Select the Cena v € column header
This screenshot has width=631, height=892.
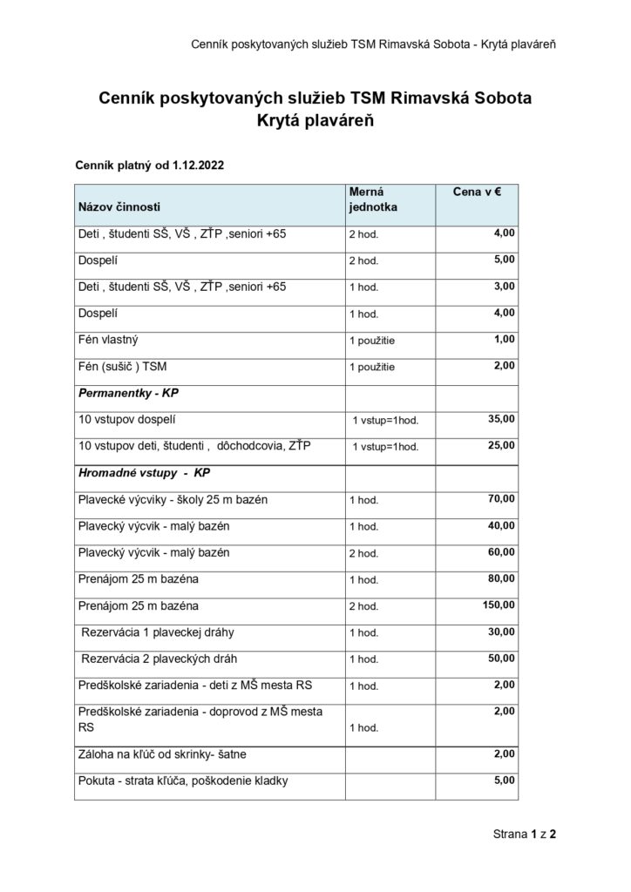(476, 191)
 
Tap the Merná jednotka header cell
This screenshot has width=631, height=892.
(373, 199)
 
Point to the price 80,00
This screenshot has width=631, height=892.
(502, 578)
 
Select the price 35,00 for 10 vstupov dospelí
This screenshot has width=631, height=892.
(502, 419)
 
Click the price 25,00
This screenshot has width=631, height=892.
(502, 445)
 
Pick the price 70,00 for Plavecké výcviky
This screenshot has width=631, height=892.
(502, 498)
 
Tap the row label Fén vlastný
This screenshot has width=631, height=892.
(108, 339)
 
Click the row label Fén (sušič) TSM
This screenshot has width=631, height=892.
(122, 366)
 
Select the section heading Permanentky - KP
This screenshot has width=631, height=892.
(128, 393)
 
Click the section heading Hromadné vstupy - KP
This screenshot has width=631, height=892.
(145, 472)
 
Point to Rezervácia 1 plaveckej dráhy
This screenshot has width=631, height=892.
(158, 632)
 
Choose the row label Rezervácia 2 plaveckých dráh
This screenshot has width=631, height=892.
(160, 658)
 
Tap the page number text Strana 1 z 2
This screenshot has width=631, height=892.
(525, 834)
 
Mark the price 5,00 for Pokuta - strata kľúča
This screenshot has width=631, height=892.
(505, 780)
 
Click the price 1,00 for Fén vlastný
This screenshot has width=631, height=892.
(505, 339)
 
